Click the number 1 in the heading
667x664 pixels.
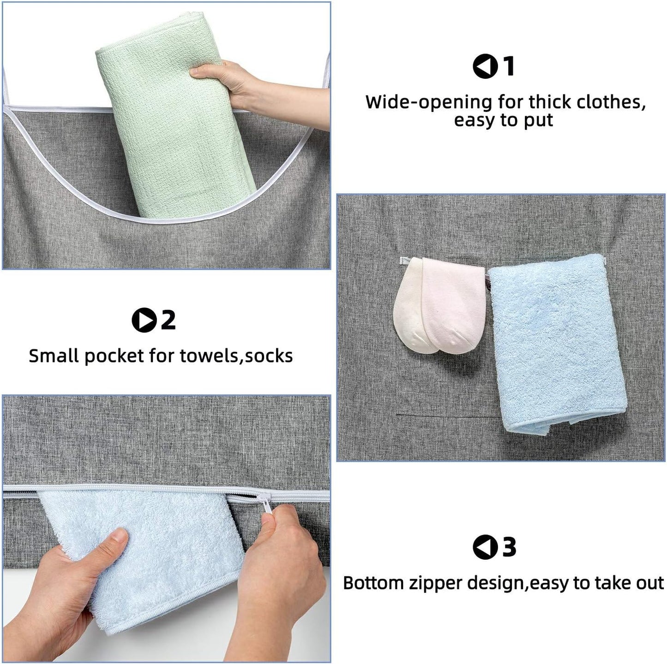pos(508,66)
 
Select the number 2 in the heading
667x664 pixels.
pos(168,320)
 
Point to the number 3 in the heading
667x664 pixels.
pos(509,547)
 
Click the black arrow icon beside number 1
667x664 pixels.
pos(484,66)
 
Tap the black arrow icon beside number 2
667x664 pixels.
pos(144,320)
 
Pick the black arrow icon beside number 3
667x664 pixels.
pos(484,547)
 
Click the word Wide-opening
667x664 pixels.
pos(428,102)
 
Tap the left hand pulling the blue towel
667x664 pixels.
pos(69,586)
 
